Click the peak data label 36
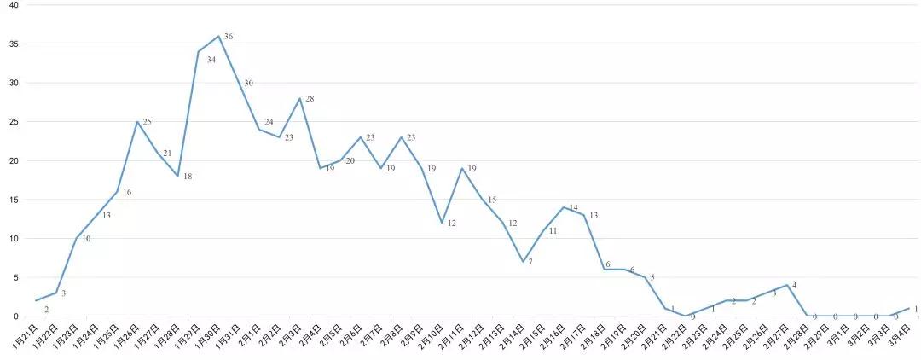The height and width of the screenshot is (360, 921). click(229, 37)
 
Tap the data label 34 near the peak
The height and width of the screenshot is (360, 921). click(211, 60)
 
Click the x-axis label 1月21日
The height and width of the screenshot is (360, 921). click(25, 334)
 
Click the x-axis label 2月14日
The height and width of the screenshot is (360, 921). click(513, 334)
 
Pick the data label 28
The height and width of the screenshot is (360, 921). click(310, 99)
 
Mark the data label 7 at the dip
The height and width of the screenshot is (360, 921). click(530, 262)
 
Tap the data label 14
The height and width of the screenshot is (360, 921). click(574, 207)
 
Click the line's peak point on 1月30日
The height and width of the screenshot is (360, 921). click(219, 36)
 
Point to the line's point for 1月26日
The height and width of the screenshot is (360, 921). click(137, 121)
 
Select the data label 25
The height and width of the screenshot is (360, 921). click(147, 123)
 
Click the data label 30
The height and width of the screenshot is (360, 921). click(249, 83)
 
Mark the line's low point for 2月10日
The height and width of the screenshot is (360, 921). click(442, 223)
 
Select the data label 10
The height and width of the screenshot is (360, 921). click(86, 239)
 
